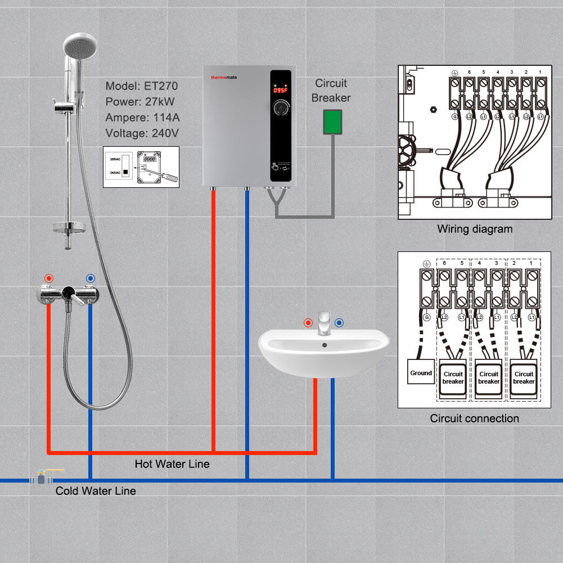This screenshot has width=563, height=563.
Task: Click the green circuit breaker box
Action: point(332,122)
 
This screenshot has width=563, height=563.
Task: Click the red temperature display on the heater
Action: point(280,90)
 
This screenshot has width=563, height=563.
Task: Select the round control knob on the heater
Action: point(280,108)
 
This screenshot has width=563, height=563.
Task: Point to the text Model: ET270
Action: point(141,86)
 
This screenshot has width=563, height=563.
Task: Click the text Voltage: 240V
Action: point(141,133)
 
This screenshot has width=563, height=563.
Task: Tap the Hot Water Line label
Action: point(172,464)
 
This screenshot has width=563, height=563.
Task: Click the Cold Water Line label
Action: point(96,491)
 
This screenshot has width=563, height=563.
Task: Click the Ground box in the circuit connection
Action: point(421,372)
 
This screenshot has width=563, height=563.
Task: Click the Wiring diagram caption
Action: point(475,229)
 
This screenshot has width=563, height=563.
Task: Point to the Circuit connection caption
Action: point(474,418)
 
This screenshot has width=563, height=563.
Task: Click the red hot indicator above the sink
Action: point(308,323)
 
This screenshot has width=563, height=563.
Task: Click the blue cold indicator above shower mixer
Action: point(90,278)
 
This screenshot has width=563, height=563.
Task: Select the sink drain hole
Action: point(325,344)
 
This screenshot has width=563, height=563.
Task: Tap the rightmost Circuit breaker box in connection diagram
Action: point(523,377)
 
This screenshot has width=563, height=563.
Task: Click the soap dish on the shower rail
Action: point(69,228)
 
